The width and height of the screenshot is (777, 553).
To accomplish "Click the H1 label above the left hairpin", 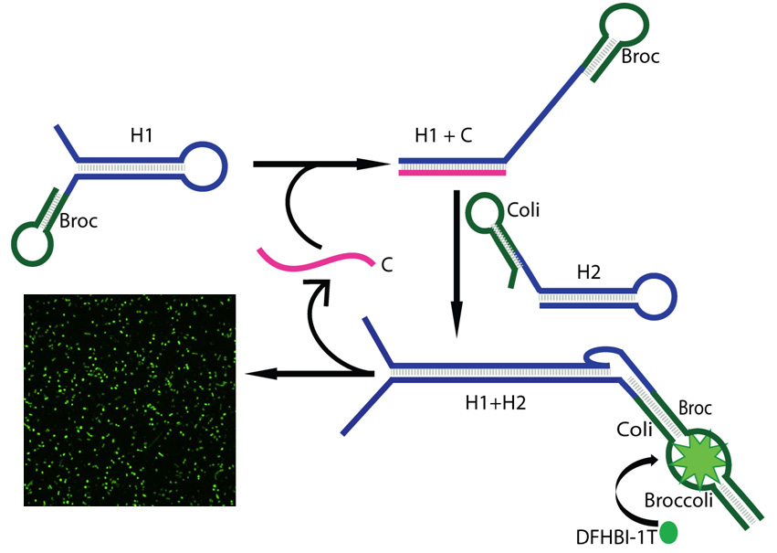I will click(142, 136).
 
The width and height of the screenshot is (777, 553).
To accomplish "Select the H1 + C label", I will click(444, 137).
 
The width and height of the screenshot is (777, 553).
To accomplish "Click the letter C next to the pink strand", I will click(387, 265).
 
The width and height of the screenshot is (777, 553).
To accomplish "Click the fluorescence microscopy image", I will click(129, 399).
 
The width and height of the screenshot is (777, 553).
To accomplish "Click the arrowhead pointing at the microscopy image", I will click(260, 373).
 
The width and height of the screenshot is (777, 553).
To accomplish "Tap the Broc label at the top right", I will click(639, 57).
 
